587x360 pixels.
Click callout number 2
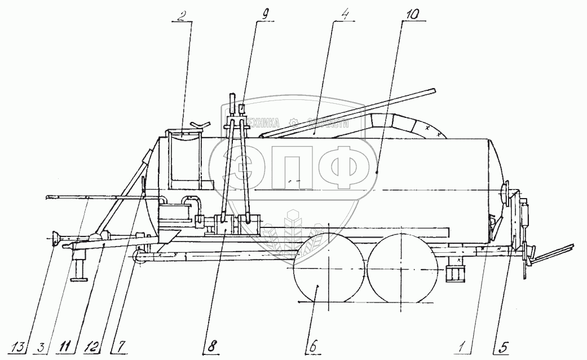click(x=179, y=15)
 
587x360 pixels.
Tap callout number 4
click(x=342, y=15)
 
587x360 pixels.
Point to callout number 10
click(x=408, y=15)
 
